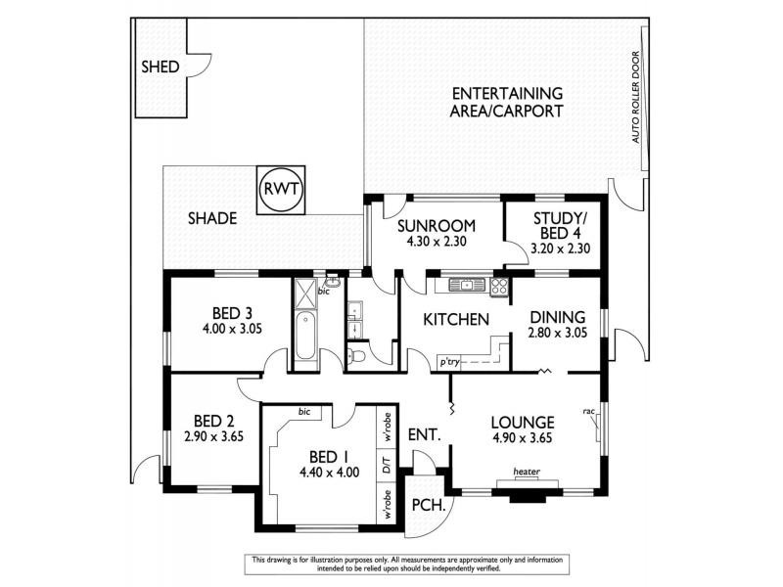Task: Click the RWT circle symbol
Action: pyautogui.click(x=283, y=189)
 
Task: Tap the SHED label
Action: pyautogui.click(x=161, y=68)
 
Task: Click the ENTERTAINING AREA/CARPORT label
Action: pyautogui.click(x=506, y=102)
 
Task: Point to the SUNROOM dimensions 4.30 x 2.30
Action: pyautogui.click(x=436, y=247)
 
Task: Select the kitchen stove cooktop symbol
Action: pyautogui.click(x=498, y=286)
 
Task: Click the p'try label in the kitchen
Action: pyautogui.click(x=450, y=362)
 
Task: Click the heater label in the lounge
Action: pyautogui.click(x=528, y=471)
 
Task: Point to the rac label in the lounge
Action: pyautogui.click(x=589, y=411)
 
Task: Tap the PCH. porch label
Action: pyautogui.click(x=430, y=506)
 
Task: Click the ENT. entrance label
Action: pyautogui.click(x=423, y=433)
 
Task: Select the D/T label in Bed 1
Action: pyautogui.click(x=387, y=470)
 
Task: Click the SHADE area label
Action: pyautogui.click(x=212, y=219)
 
